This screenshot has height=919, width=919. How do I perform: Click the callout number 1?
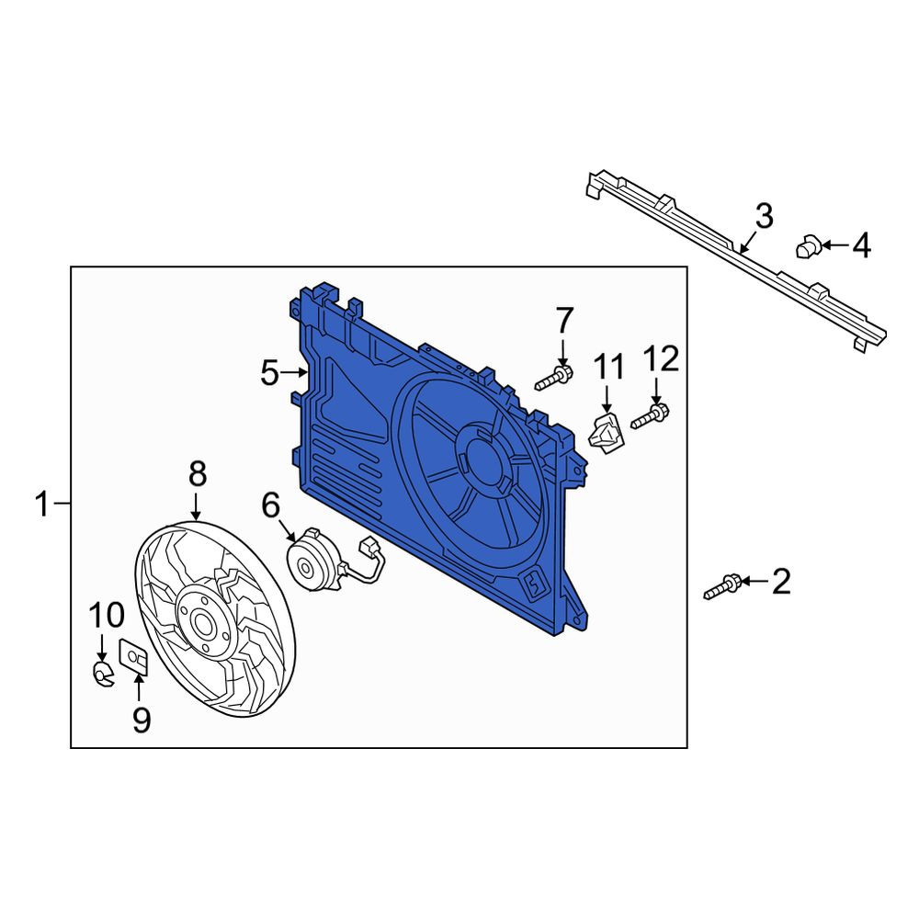[42, 504]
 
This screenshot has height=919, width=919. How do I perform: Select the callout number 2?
[780, 582]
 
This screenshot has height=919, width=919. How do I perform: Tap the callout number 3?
[764, 216]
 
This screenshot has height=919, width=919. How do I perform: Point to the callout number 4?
[861, 245]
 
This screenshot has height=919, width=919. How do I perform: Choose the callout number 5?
[269, 373]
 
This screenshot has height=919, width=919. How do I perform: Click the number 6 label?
[271, 505]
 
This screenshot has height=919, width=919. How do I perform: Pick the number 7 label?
[564, 320]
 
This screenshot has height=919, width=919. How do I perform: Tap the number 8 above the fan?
[198, 473]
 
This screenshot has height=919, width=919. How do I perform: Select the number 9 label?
[142, 720]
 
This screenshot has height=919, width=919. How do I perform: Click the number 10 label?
[106, 615]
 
